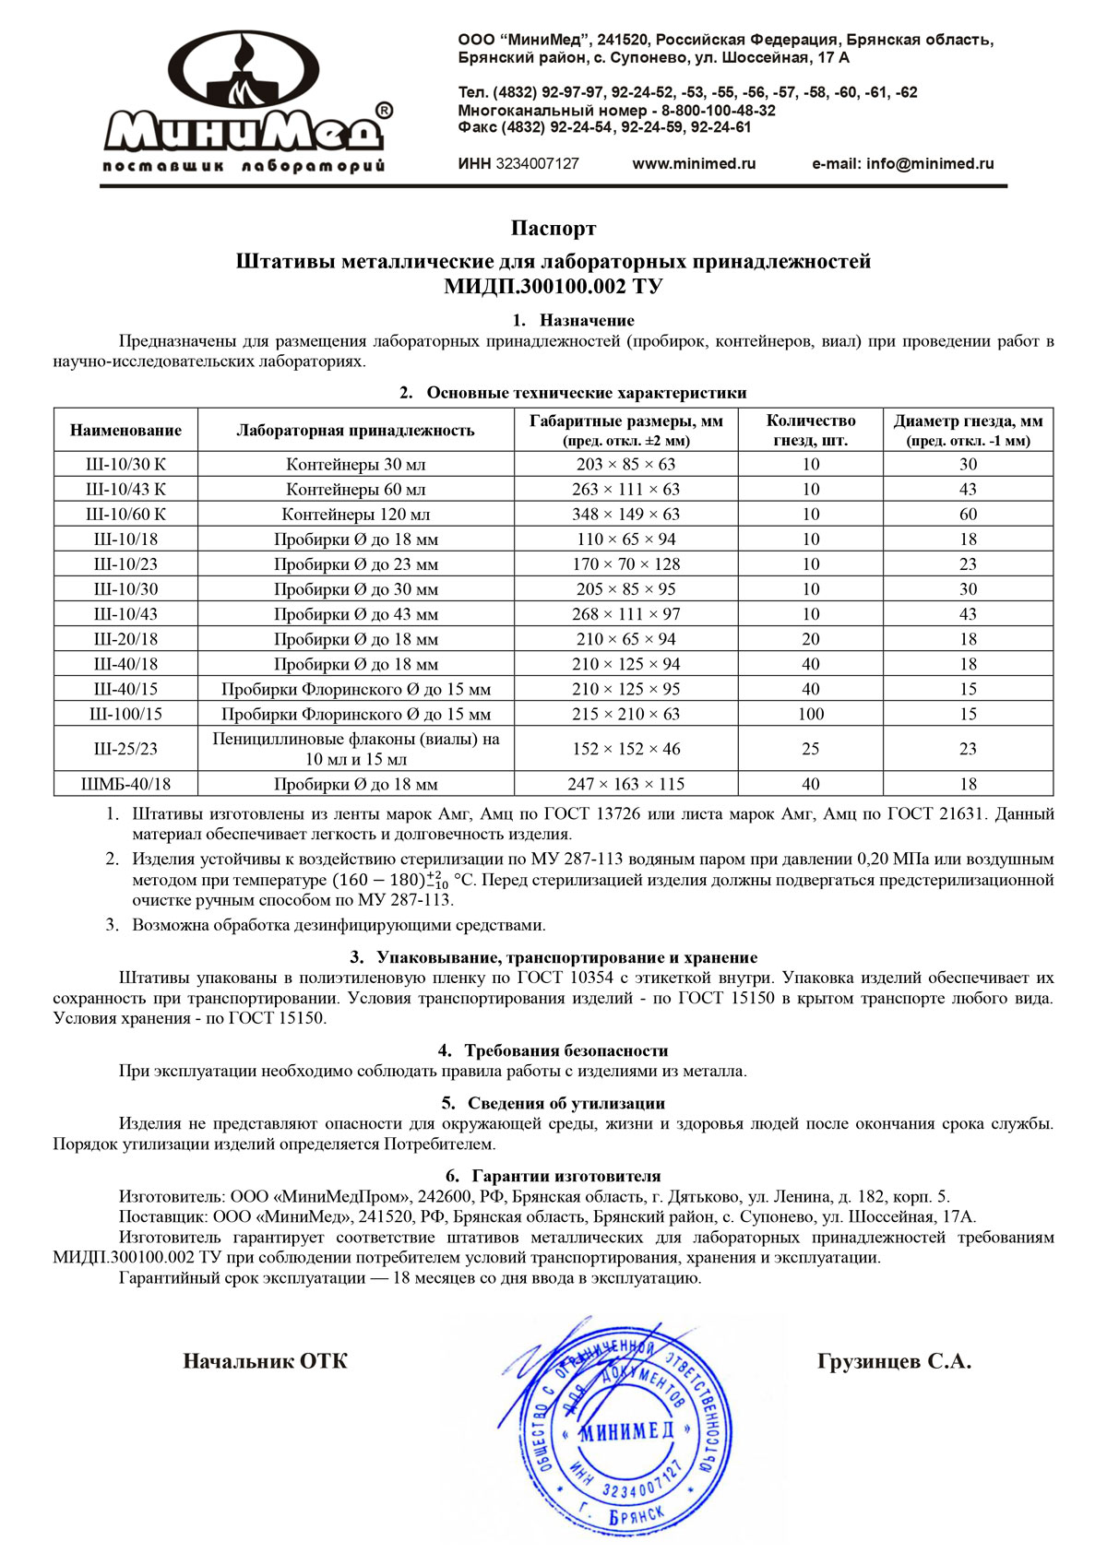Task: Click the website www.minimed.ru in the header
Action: click(694, 164)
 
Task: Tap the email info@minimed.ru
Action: click(902, 164)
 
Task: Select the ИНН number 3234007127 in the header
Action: click(537, 164)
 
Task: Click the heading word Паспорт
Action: click(553, 228)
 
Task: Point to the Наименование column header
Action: click(125, 430)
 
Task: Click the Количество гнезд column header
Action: click(810, 430)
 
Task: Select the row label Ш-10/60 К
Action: click(125, 515)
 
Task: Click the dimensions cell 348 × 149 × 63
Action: click(625, 515)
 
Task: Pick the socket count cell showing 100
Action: click(810, 714)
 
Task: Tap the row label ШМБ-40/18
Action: click(125, 785)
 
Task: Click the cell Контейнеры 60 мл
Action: click(355, 490)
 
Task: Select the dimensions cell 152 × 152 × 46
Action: click(625, 749)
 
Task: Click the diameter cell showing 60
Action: click(968, 515)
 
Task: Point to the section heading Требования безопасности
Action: click(565, 1050)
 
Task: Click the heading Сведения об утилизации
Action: click(565, 1103)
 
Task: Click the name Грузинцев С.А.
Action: click(894, 1361)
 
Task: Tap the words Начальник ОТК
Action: click(265, 1361)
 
